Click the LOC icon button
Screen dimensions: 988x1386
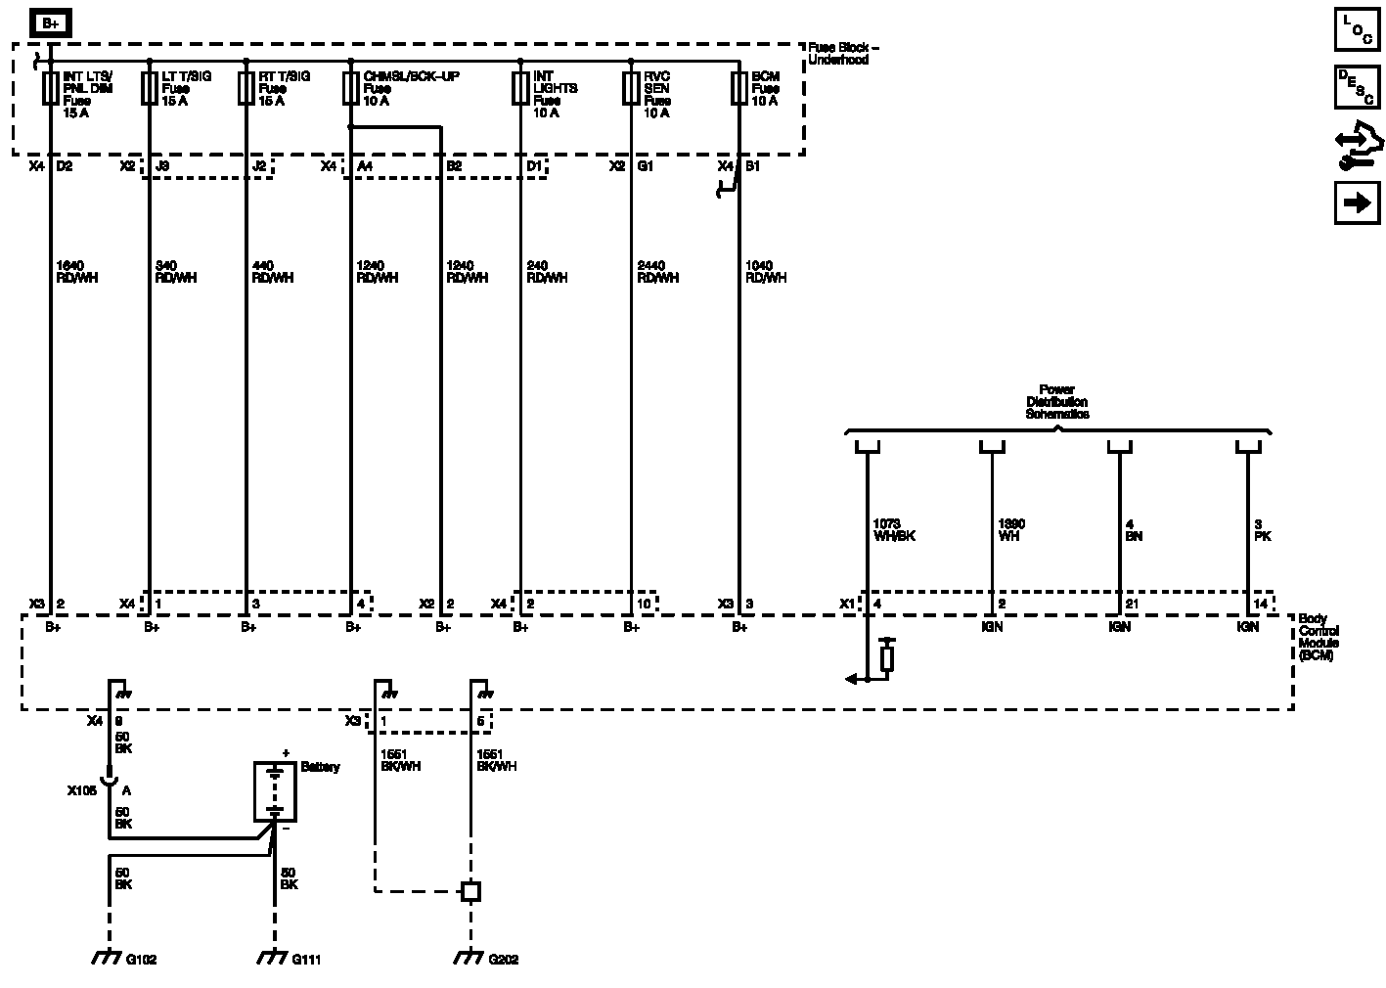(1357, 30)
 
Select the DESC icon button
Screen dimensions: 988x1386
(1357, 87)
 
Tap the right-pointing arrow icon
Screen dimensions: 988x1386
(1357, 202)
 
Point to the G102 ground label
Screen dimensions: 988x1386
(141, 960)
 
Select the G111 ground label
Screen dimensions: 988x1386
(306, 960)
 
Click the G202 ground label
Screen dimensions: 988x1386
(504, 960)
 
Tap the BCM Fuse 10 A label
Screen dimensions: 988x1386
(765, 88)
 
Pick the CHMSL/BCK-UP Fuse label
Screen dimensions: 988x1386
(411, 88)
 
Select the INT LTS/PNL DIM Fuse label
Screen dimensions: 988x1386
(88, 94)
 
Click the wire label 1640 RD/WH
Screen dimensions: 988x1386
(77, 272)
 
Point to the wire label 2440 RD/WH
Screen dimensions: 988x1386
(657, 272)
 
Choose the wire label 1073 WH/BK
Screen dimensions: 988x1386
(893, 530)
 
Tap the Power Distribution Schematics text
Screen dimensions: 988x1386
(1056, 402)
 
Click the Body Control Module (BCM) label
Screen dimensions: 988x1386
(1318, 637)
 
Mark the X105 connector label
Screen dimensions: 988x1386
(82, 790)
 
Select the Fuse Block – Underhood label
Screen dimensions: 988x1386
(843, 54)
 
